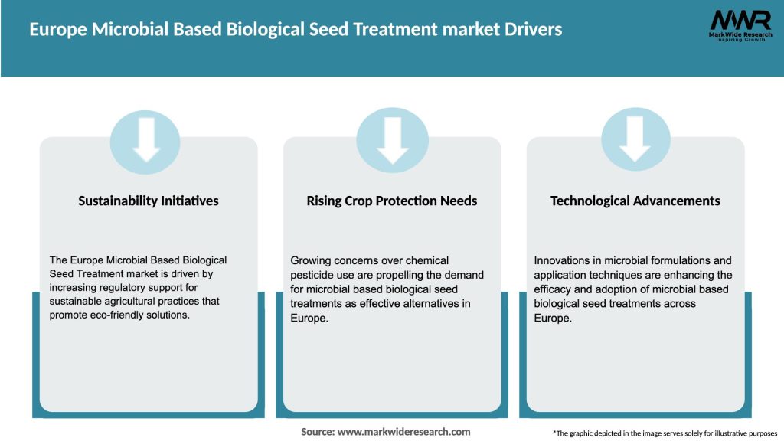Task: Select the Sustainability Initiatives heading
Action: click(x=149, y=201)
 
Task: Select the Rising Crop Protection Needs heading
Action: click(x=392, y=201)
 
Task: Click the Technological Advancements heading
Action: click(x=635, y=201)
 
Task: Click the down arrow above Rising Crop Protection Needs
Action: click(x=393, y=139)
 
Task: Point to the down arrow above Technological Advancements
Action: click(x=635, y=139)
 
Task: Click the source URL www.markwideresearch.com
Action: click(x=403, y=432)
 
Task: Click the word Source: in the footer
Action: click(x=317, y=432)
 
